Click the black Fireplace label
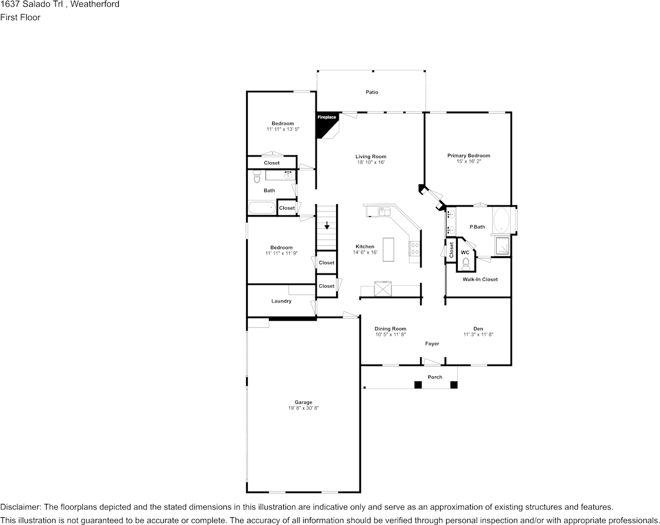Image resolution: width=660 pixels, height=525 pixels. click(327, 117)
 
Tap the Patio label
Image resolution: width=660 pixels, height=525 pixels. click(372, 92)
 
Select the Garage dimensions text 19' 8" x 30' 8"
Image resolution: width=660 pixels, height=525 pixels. click(303, 408)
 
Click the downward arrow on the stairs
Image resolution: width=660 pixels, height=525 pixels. click(327, 225)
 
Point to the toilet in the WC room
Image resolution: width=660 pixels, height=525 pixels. click(466, 263)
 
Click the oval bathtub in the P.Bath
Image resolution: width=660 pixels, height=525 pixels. click(502, 220)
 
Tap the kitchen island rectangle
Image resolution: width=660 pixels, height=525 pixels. click(388, 249)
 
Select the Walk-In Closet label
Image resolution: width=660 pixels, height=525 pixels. click(480, 280)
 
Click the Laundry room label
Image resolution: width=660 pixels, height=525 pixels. click(281, 301)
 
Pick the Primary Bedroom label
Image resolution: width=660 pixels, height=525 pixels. click(468, 156)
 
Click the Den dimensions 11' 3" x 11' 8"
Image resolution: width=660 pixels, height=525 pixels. click(478, 335)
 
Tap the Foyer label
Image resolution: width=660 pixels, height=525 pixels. click(432, 344)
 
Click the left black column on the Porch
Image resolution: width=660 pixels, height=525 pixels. click(417, 385)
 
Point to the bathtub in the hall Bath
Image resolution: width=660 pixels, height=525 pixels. click(262, 208)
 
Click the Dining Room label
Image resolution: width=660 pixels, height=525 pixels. click(390, 329)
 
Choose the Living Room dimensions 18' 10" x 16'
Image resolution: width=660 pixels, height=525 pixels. click(371, 163)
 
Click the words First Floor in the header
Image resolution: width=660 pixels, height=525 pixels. click(20, 17)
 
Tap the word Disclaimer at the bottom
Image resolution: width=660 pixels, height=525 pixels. click(19, 507)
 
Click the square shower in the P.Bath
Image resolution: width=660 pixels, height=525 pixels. click(501, 246)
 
